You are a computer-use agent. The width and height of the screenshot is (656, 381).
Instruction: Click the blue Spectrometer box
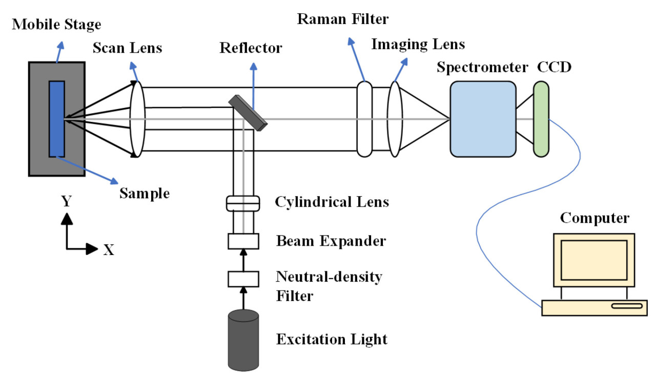tap(483, 119)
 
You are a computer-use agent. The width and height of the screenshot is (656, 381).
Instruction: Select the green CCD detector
tap(541, 119)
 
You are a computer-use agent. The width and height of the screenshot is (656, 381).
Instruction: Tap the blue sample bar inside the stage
tap(56, 119)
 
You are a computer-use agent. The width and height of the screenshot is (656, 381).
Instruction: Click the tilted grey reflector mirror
tap(248, 111)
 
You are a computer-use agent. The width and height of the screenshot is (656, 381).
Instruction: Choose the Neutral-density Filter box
tap(243, 279)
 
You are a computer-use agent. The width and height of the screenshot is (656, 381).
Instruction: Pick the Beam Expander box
tap(243, 241)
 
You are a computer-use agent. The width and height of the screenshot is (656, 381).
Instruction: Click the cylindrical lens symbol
tap(243, 203)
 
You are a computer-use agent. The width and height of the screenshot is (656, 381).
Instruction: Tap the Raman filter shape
tap(364, 119)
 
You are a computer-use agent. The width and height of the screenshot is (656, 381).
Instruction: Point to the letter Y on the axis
tap(66, 202)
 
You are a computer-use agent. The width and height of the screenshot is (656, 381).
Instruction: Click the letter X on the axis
tap(109, 250)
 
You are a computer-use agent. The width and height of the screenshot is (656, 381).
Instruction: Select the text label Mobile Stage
tap(57, 24)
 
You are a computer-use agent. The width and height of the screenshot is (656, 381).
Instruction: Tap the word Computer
tap(594, 218)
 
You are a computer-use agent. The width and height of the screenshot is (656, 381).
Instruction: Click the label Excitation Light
tap(332, 339)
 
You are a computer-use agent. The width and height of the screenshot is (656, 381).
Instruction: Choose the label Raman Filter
tap(343, 19)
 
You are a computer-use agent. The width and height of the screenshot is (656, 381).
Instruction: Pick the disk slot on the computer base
tap(626, 306)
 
